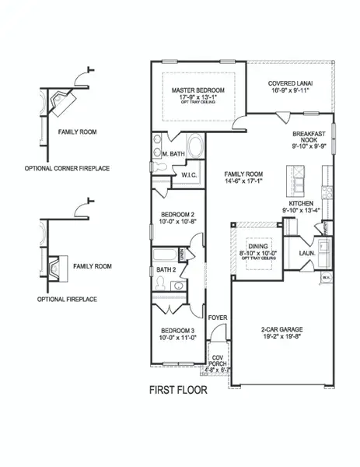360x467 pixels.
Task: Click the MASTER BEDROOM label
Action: point(198,90)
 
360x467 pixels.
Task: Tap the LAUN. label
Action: point(306,253)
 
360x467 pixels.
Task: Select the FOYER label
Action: point(217,318)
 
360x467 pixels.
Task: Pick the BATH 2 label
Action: point(167,269)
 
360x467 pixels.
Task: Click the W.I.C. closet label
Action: point(190,175)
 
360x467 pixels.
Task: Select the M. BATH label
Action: point(175,154)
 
